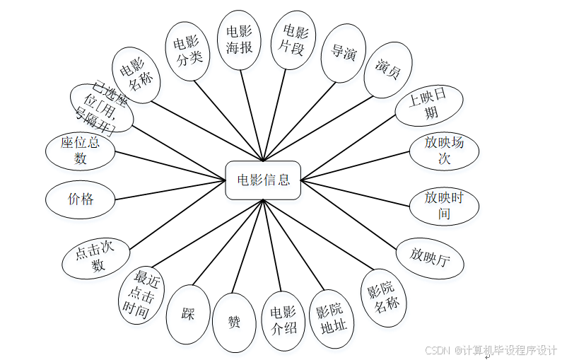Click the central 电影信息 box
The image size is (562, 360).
(x=263, y=180)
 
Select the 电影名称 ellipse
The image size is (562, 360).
(x=136, y=75)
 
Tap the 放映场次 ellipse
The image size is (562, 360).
(x=444, y=150)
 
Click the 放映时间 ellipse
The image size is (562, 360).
(x=444, y=205)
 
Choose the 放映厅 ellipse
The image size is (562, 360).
(x=430, y=258)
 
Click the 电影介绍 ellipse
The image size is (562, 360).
(x=283, y=322)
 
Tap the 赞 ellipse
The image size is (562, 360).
(x=234, y=323)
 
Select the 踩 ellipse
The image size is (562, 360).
(x=188, y=314)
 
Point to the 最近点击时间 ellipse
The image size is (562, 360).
(x=141, y=294)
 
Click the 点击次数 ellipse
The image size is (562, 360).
(x=97, y=258)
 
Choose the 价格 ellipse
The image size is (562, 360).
(x=80, y=199)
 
